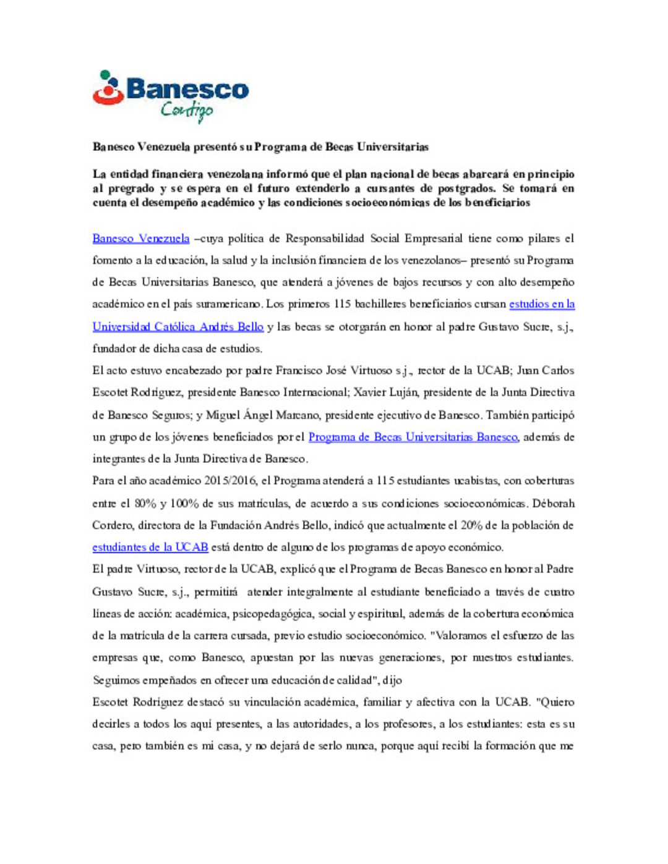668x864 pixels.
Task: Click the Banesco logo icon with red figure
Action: tap(108, 87)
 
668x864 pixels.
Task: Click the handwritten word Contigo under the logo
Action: tap(186, 111)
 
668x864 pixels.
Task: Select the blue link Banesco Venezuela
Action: tap(141, 239)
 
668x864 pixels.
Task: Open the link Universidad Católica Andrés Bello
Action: tap(178, 326)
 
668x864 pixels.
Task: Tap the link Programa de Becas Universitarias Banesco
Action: tap(413, 437)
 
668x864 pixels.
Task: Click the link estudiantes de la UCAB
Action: tap(150, 547)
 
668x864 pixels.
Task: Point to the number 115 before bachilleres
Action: tap(342, 304)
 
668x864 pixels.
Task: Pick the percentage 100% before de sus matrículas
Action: tap(184, 503)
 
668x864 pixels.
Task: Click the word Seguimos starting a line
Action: tap(116, 680)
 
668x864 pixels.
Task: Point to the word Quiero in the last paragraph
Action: tap(556, 702)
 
